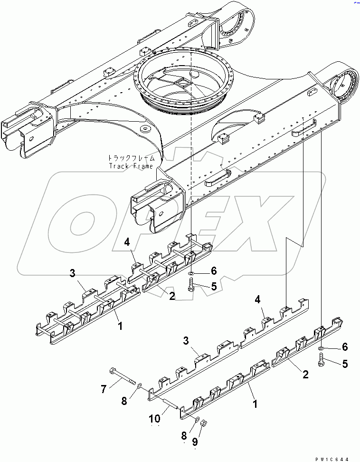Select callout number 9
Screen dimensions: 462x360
194,442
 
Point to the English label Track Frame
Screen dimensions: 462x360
131,166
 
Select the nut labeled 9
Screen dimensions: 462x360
201,422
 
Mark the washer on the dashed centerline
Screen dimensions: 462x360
190,273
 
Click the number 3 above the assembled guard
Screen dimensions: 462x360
72,273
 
